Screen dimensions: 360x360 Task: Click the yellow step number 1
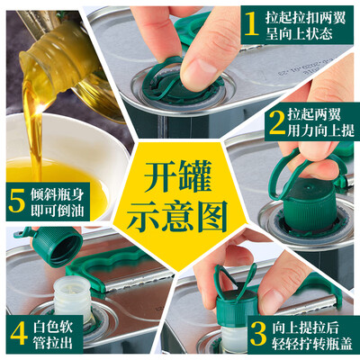pos(252,24)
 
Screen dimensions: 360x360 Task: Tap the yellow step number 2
pos(277,122)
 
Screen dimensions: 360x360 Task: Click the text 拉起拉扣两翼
pos(305,18)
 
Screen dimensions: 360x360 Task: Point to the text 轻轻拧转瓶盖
pos(312,344)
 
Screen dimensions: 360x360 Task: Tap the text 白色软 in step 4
pos(53,327)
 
